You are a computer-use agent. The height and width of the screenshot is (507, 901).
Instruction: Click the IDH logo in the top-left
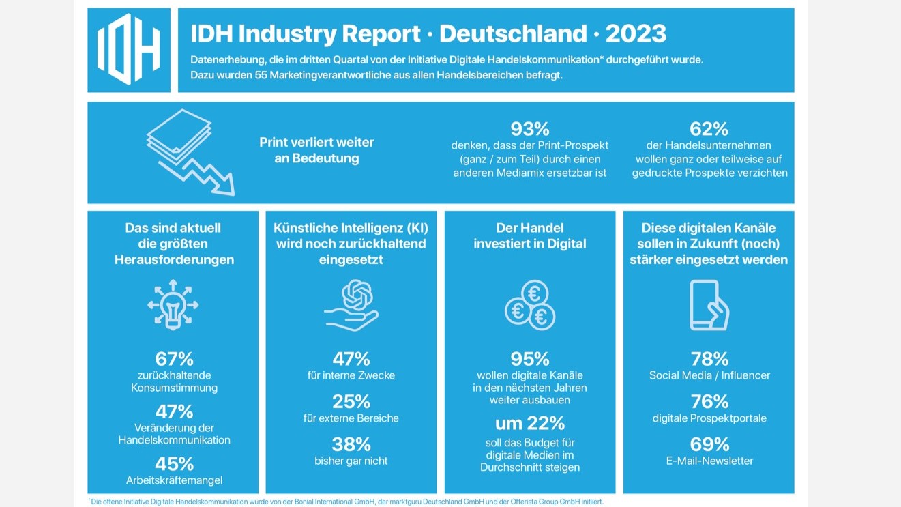129,49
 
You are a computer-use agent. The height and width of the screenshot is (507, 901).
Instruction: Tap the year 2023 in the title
636,33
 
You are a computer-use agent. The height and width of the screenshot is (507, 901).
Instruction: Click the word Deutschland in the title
513,33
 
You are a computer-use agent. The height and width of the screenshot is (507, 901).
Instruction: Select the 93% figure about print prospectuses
530,129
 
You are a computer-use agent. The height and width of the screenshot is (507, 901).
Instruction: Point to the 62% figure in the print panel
709,129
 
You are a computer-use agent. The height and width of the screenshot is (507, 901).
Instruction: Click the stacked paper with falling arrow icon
190,152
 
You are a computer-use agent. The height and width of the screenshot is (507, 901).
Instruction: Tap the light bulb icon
173,305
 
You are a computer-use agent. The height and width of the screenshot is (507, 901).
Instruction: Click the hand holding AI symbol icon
351,305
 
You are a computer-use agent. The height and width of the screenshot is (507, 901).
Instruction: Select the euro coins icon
530,305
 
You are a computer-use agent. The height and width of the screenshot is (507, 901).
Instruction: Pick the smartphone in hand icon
709,305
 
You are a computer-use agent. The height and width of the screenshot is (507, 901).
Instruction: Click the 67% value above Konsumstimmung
174,359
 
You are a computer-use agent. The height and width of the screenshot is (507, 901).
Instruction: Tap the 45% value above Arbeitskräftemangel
174,464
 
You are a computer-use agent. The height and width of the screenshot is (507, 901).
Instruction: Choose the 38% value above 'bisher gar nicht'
351,445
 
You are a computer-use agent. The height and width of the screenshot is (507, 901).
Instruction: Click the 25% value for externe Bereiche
351,402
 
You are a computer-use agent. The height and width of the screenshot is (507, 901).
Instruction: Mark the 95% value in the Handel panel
530,359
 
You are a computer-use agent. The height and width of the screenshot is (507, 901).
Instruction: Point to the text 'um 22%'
530,423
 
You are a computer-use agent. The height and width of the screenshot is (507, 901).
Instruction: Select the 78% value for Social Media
709,359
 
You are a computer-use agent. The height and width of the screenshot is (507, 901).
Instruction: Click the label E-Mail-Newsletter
709,461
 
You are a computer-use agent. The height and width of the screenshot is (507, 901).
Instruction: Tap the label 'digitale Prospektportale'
709,418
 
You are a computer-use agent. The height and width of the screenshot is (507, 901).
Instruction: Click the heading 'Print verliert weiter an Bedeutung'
316,150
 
